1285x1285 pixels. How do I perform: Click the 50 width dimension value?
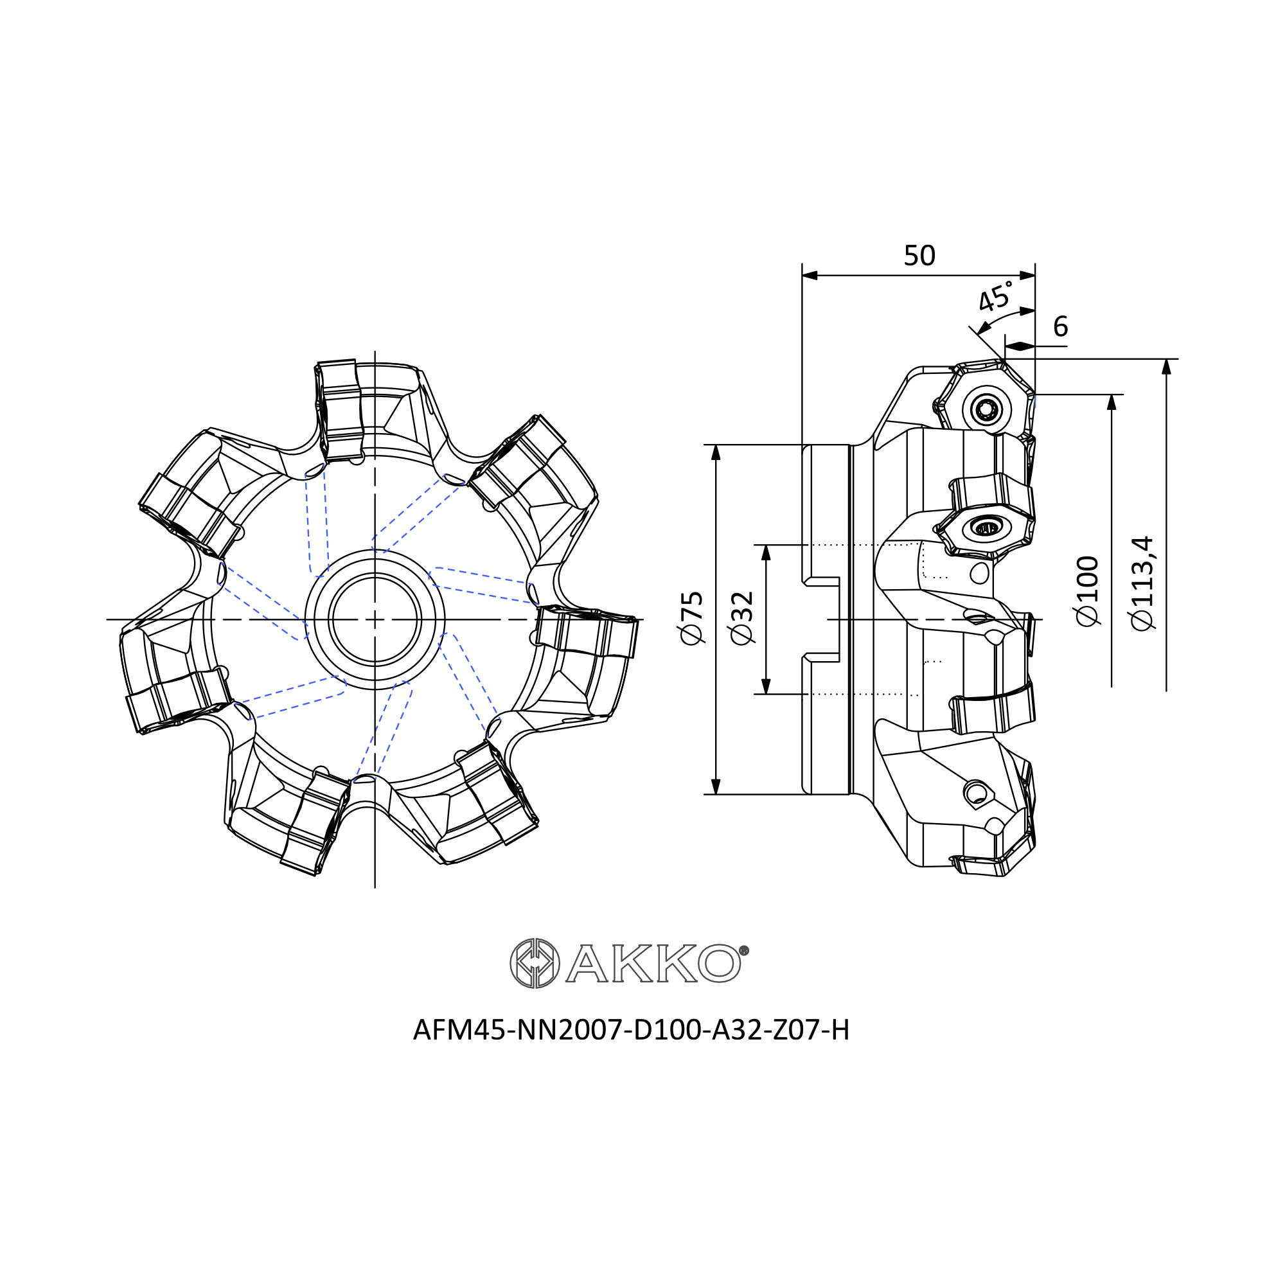pos(919,256)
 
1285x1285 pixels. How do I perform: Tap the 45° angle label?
pos(996,296)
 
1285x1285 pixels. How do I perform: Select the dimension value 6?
pos(1060,326)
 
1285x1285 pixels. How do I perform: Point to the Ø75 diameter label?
pos(692,618)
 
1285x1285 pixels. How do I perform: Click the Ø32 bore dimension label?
pos(741,618)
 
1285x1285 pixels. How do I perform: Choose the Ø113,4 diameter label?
pos(1144,583)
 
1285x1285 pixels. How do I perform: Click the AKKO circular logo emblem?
pos(535,964)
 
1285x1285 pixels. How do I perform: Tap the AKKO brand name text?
pos(653,964)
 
